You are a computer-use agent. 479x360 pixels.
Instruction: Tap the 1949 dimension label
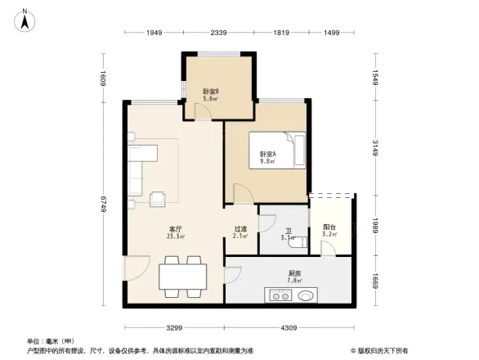(155, 33)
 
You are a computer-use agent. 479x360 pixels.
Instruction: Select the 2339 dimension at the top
(217, 33)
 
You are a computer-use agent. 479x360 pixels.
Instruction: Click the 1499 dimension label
(332, 33)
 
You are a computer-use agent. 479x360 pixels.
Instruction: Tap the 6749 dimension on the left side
(105, 203)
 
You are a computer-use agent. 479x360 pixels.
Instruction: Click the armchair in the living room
(157, 196)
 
